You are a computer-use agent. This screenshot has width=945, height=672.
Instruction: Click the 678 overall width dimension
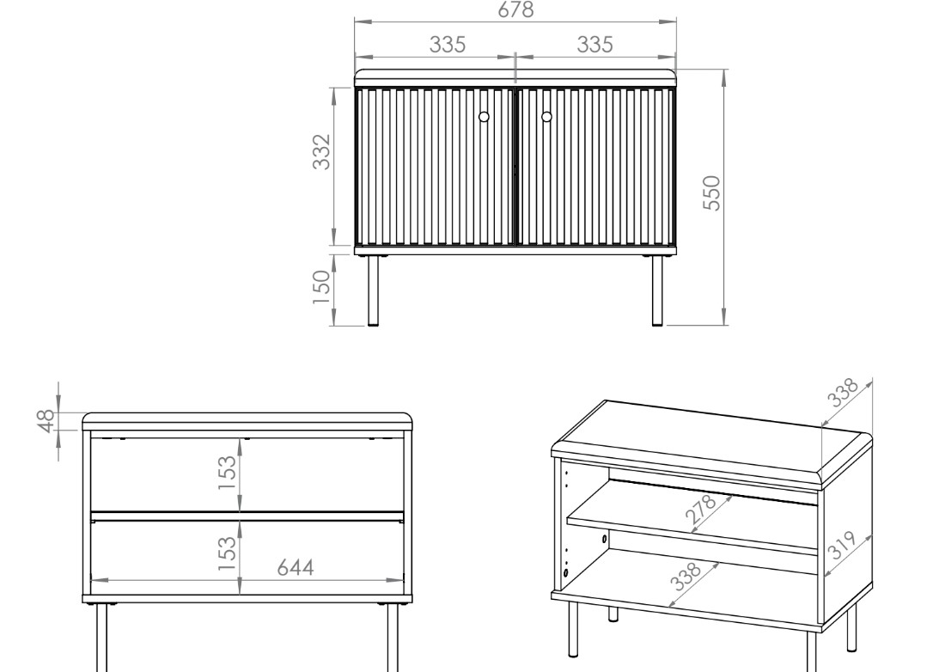click(515, 9)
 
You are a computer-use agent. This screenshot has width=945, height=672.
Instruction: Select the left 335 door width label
click(448, 44)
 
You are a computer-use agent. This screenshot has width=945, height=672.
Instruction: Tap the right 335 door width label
click(594, 44)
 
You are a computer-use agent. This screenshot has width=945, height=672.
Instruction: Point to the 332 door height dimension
click(322, 152)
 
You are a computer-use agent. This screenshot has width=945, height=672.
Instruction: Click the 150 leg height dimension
click(322, 287)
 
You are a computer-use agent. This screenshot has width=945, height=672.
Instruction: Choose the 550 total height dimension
click(712, 192)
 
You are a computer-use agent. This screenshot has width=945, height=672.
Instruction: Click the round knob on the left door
click(484, 117)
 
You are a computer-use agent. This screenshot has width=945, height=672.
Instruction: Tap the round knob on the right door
click(546, 117)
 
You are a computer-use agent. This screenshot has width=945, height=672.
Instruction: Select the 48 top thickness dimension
click(47, 421)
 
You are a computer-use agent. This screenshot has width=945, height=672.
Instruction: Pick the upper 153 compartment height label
click(227, 473)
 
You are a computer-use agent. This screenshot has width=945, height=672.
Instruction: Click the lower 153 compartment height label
click(227, 553)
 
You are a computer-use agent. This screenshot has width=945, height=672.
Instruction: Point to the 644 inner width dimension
click(296, 567)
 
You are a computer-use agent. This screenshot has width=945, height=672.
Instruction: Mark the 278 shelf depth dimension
click(701, 508)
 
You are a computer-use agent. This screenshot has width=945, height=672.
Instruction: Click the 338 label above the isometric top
click(842, 393)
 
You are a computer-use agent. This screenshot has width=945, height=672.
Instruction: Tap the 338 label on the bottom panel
click(686, 576)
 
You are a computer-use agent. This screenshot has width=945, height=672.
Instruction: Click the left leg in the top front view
click(374, 290)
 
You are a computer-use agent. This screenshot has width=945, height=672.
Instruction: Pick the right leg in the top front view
click(657, 290)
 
